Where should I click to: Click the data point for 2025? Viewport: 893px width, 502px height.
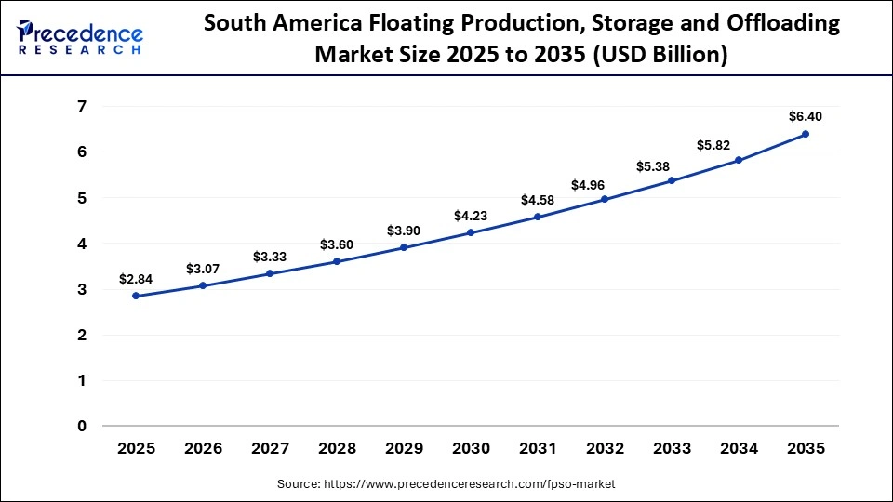136,296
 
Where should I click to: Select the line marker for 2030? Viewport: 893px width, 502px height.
471,232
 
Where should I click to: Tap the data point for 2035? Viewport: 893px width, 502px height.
806,134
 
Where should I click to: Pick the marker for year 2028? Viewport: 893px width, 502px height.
337,261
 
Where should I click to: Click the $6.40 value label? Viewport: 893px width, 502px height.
806,116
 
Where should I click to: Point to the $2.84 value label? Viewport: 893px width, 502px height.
136,278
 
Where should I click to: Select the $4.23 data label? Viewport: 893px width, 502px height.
471,216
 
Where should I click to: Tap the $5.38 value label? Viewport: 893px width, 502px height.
672,166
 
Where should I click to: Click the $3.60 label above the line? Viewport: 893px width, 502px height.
337,244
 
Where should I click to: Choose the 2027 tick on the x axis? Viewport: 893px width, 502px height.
270,448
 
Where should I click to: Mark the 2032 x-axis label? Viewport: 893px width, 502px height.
605,448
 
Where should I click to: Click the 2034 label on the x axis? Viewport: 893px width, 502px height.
739,448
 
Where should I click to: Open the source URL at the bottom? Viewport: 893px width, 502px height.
446,484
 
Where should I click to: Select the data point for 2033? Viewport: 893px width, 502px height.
672,180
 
